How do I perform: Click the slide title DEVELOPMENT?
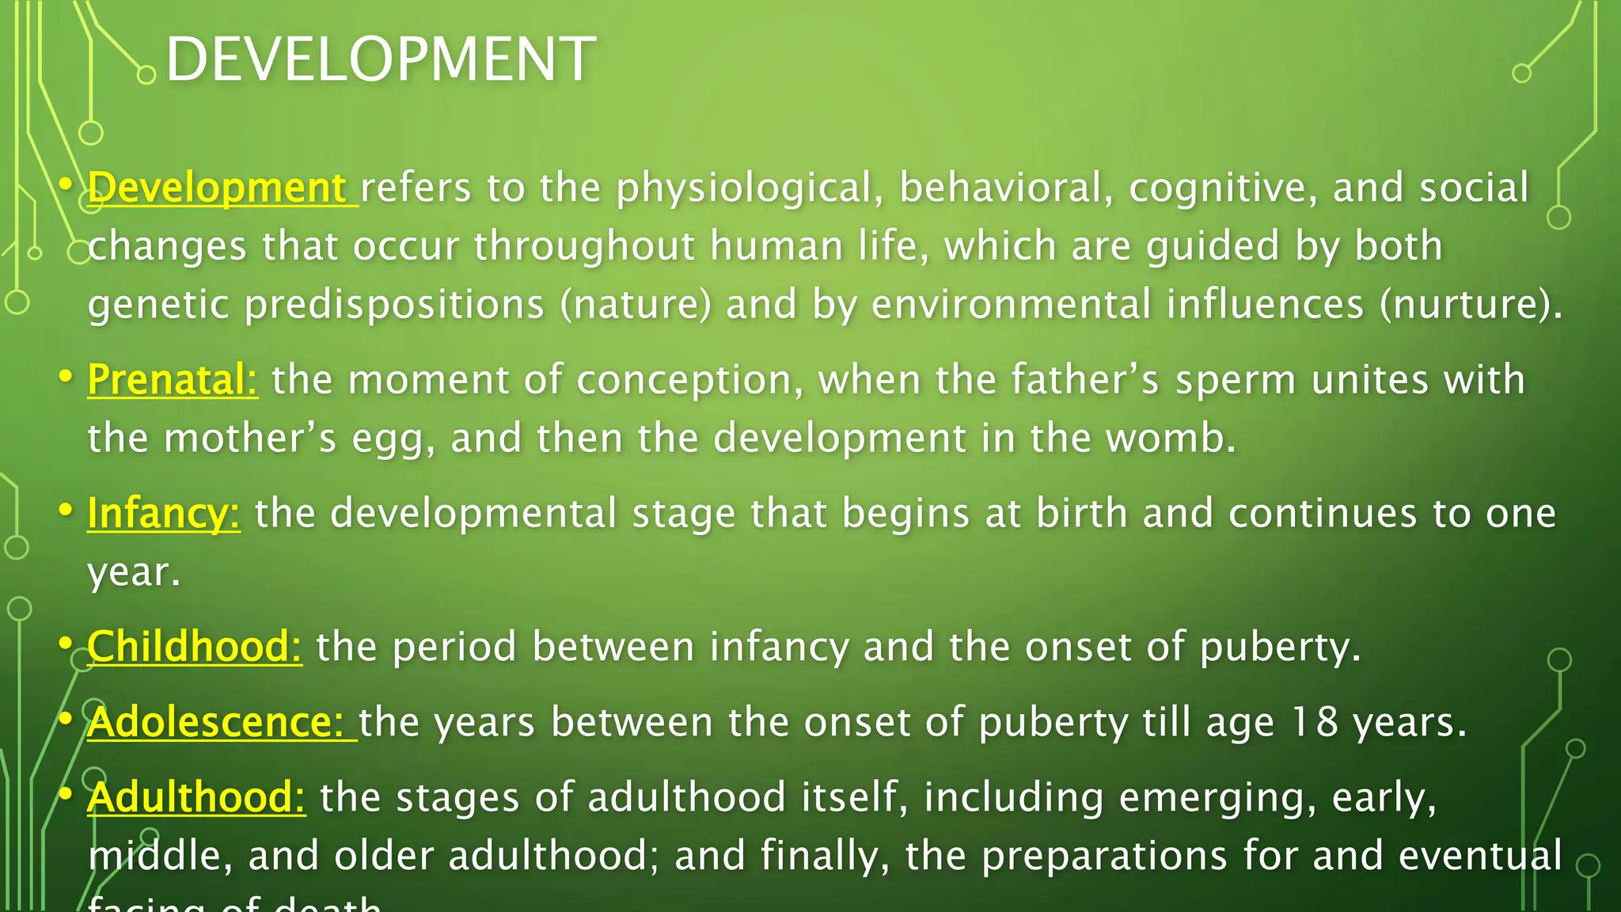coord(380,59)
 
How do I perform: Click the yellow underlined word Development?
coord(218,188)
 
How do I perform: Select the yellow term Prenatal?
coord(172,379)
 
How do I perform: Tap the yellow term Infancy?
coord(163,513)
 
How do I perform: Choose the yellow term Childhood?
coord(194,646)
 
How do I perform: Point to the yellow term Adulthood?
coord(196,796)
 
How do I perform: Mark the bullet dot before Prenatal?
coord(66,375)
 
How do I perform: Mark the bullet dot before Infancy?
coord(66,508)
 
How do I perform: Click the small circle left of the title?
coord(146,75)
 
